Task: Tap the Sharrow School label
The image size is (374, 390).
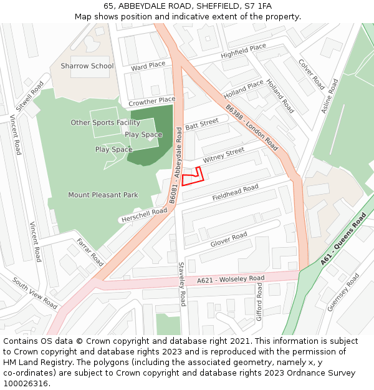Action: tap(87, 66)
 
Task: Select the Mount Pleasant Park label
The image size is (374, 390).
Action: tap(103, 195)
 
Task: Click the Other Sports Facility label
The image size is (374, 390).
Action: tap(105, 123)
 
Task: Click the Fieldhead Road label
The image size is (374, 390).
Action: tap(235, 192)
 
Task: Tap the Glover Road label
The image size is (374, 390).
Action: tap(229, 238)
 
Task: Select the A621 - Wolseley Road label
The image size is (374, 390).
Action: tap(231, 279)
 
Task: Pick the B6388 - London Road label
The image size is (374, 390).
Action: tap(252, 127)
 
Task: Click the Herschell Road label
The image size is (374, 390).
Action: tap(144, 215)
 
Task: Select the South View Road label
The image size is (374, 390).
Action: tap(35, 293)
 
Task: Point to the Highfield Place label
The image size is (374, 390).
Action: tap(243, 51)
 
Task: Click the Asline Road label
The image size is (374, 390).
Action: tap(328, 95)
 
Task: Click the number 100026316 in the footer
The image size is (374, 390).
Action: tap(26, 384)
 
